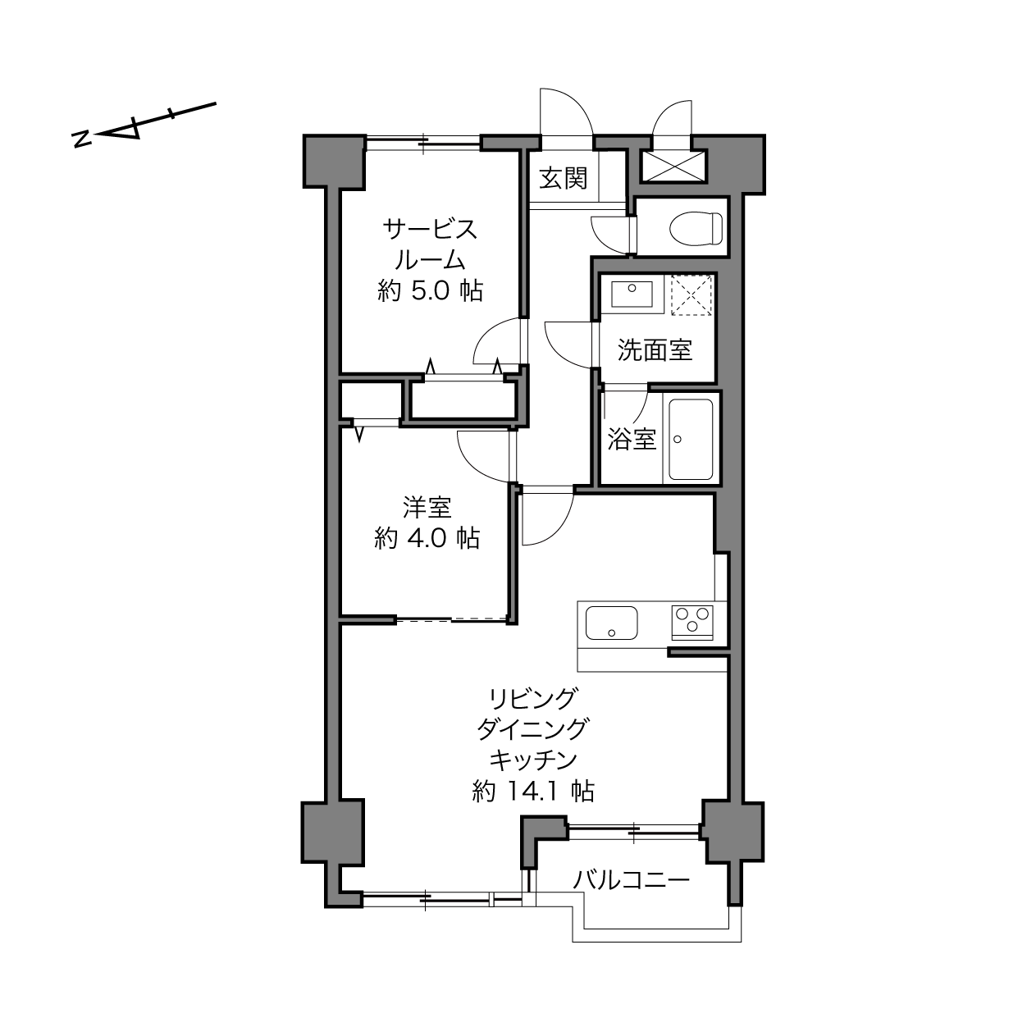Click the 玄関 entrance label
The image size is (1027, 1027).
(x=563, y=178)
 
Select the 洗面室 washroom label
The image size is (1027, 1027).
(x=655, y=350)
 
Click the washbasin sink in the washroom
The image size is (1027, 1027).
(x=632, y=294)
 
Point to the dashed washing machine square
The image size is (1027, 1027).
(x=692, y=294)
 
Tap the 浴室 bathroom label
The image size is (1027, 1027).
(x=632, y=439)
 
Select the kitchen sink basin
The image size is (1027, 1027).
(x=611, y=623)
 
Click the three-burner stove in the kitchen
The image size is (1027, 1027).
(x=692, y=622)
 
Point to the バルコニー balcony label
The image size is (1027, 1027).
(x=632, y=879)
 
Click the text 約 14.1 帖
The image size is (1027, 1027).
(x=533, y=792)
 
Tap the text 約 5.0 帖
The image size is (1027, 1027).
(x=430, y=291)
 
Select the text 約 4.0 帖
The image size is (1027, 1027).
(x=427, y=538)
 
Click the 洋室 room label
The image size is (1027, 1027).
(x=427, y=507)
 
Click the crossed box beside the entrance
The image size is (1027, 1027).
(x=673, y=167)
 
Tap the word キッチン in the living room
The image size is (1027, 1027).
(x=533, y=760)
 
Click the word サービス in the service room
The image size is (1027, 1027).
(x=430, y=230)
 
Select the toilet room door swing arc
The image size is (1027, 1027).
(x=609, y=236)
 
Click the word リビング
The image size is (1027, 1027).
(x=533, y=699)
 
